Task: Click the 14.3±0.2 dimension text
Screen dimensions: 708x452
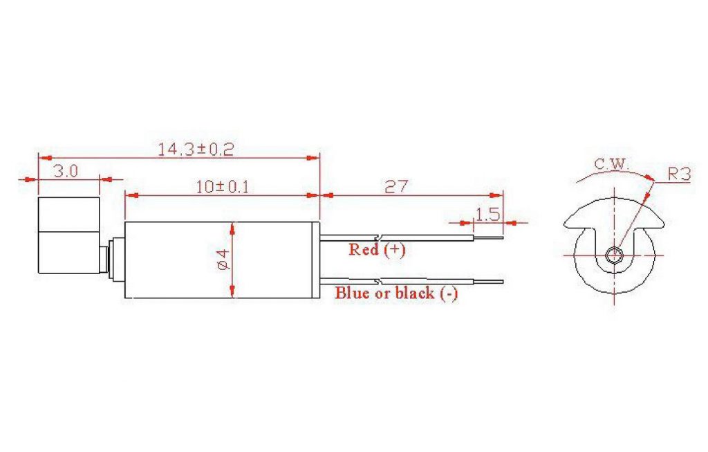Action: [x=196, y=149]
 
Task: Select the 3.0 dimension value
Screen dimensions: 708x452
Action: [x=66, y=171]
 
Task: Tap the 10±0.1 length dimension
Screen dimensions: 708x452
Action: [x=223, y=187]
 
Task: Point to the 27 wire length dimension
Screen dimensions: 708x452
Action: [x=396, y=186]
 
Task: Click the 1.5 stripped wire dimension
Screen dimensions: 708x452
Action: [x=488, y=214]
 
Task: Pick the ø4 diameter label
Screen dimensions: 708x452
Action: [x=224, y=260]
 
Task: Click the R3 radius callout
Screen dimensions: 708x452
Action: [x=679, y=174]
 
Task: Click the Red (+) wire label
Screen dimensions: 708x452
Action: [x=377, y=249]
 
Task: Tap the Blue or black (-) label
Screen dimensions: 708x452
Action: [x=396, y=293]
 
